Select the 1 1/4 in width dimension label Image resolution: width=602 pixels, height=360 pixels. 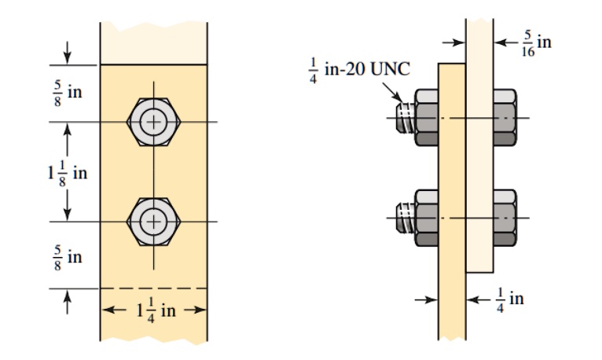[154, 310]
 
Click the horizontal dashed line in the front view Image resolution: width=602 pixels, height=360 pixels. [154, 288]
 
